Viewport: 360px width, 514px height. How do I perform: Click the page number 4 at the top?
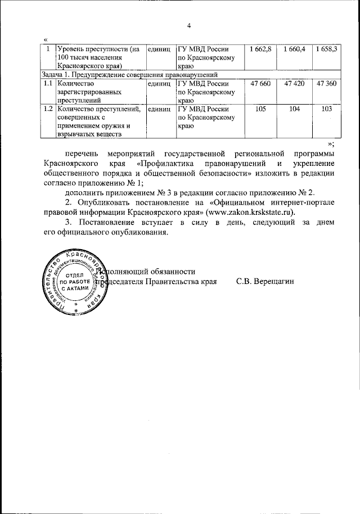[x=190, y=25]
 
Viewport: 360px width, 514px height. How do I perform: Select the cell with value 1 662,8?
[x=260, y=49]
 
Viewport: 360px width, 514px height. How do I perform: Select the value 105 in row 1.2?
[x=260, y=109]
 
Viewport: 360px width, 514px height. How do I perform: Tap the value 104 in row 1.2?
[x=294, y=109]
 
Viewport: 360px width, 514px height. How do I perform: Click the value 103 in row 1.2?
[x=326, y=109]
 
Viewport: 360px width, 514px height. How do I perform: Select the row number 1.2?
[x=49, y=109]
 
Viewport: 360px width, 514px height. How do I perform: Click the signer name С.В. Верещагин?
[x=265, y=281]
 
